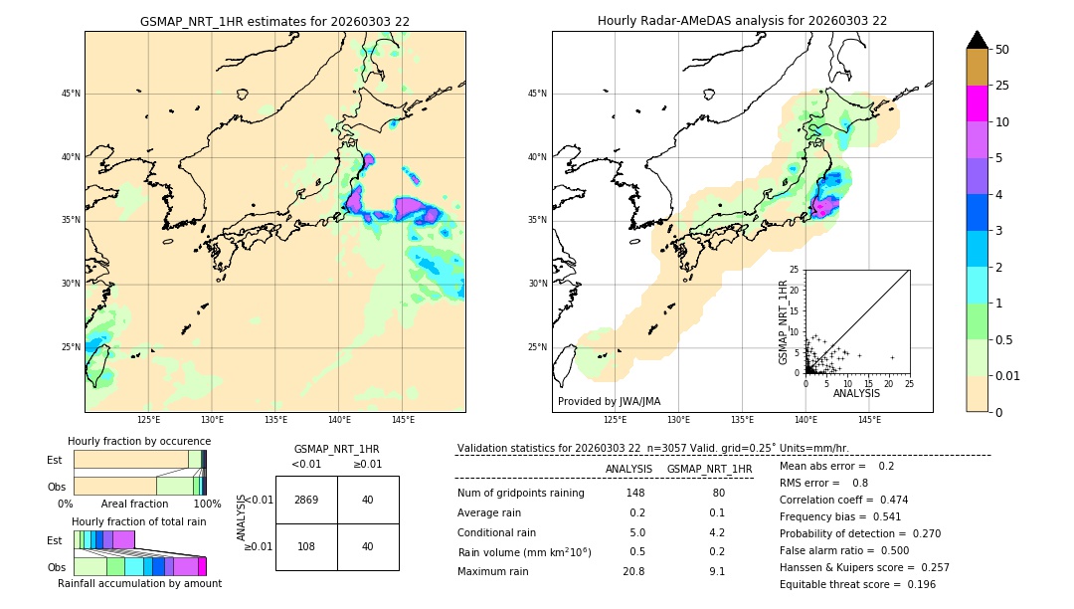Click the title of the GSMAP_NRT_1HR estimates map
coord(274,21)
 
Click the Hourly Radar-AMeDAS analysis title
coord(742,21)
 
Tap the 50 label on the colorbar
coord(1002,50)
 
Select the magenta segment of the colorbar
coord(977,103)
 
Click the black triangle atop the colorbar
coord(977,40)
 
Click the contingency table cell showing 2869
coord(306,500)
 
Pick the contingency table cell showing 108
coord(306,546)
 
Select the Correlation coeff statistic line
coord(843,500)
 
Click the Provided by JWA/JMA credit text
coord(609,402)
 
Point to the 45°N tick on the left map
coord(71,94)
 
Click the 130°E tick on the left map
coord(212,420)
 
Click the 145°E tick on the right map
coord(869,420)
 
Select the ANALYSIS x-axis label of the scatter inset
coord(856,393)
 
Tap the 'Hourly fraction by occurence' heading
coord(139,441)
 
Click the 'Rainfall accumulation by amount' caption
coord(139,583)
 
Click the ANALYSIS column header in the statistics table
coord(628,469)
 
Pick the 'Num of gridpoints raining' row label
coord(520,494)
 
